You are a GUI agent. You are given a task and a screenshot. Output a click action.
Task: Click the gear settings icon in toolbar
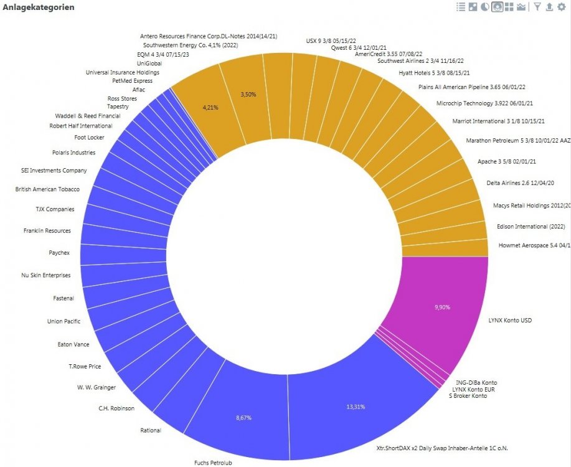pos(562,7)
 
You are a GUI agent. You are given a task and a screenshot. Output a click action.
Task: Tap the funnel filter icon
pos(537,7)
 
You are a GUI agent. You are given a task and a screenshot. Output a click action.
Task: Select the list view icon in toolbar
pos(461,7)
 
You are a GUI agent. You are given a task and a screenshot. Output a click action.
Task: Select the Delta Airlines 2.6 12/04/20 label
pos(520,183)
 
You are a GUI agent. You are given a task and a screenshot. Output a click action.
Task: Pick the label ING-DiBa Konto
pos(476,382)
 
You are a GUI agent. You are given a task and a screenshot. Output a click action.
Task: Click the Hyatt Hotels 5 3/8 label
pos(434,73)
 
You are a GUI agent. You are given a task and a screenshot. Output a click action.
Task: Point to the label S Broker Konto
pos(468,396)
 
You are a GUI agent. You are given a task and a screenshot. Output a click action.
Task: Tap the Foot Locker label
pos(90,137)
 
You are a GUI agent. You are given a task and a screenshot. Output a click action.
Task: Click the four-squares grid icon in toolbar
pos(509,7)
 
